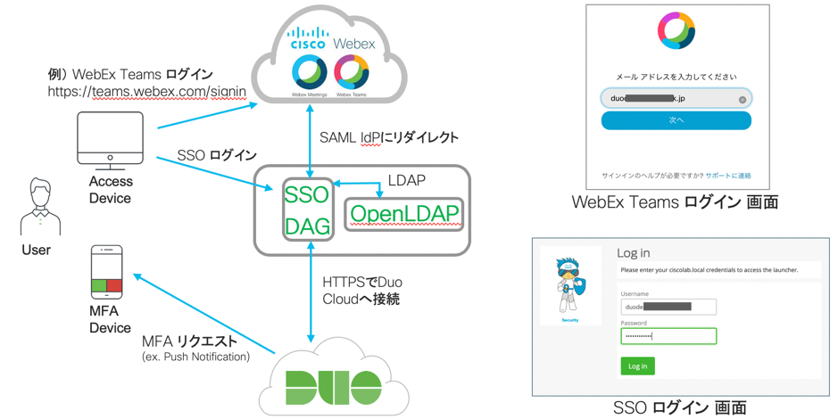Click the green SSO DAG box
coord(308,209)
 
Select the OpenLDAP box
coord(404,214)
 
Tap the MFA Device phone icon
coord(107,272)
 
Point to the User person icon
coord(40,207)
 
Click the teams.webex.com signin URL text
coord(147,91)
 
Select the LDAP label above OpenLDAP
coord(407,180)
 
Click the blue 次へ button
coord(676,120)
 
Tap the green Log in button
coord(637,366)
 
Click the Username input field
coord(668,307)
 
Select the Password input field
coord(668,336)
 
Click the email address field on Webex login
coord(676,98)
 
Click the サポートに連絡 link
coord(728,176)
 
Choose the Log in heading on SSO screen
coord(634,253)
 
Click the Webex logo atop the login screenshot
coord(676,30)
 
